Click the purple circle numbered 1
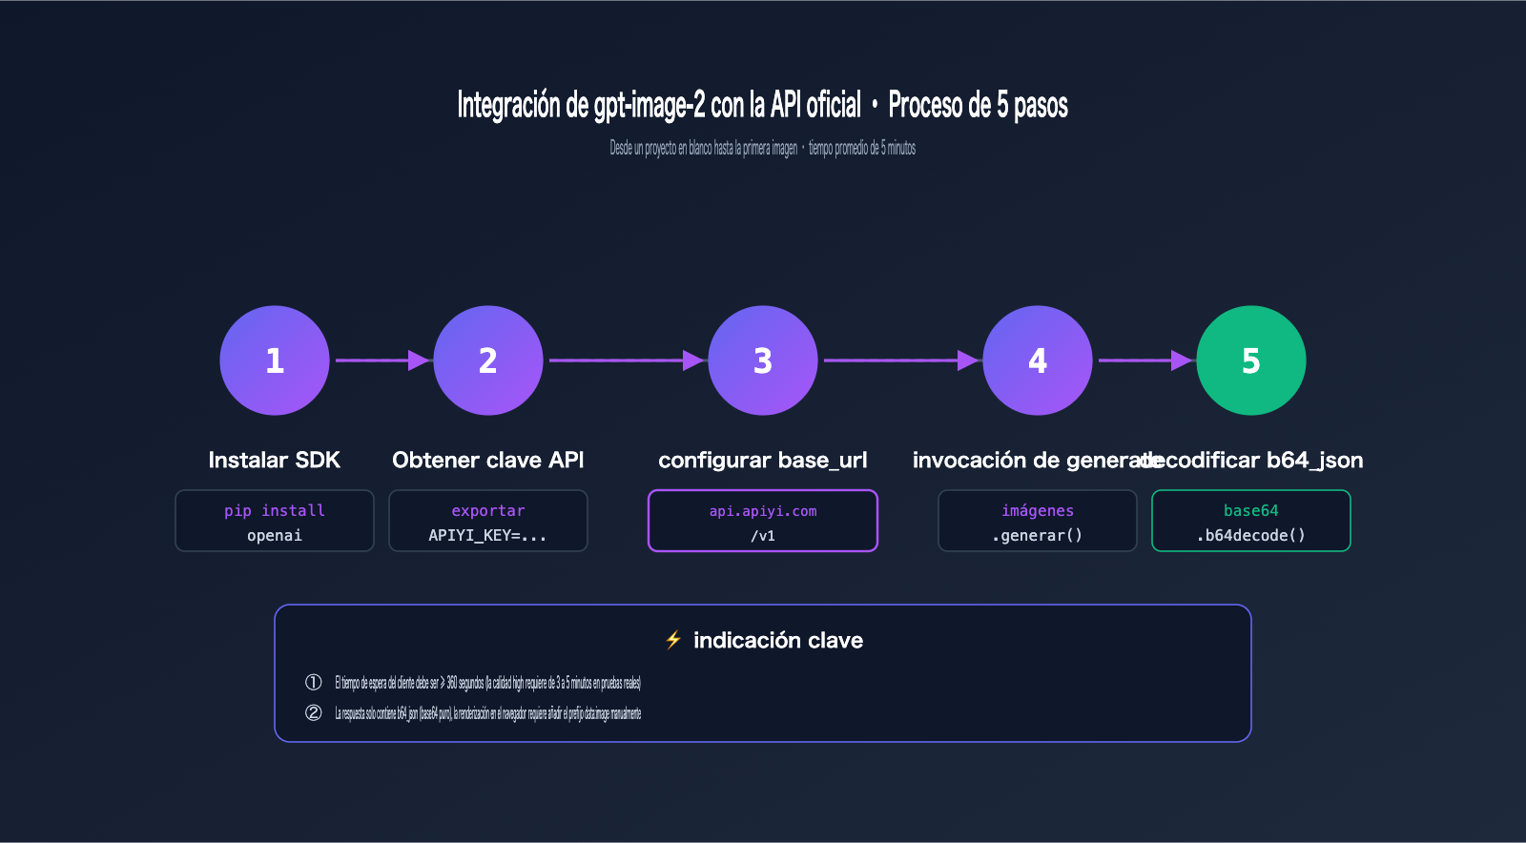click(x=275, y=360)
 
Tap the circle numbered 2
click(x=488, y=360)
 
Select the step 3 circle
click(x=763, y=360)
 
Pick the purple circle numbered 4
click(x=1038, y=360)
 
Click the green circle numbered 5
click(x=1251, y=360)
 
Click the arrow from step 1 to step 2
click(x=381, y=360)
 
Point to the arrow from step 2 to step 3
click(x=626, y=360)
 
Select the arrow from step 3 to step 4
click(x=900, y=360)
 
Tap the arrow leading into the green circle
click(x=1144, y=360)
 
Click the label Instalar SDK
click(x=275, y=461)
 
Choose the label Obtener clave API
click(x=488, y=461)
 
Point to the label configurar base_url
click(x=763, y=461)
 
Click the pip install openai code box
click(x=275, y=521)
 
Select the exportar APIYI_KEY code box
click(x=488, y=521)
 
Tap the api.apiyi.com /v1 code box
click(x=763, y=521)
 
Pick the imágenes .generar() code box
click(x=1038, y=521)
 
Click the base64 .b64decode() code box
click(x=1251, y=521)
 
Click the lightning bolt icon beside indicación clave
click(x=673, y=640)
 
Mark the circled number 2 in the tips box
click(x=313, y=712)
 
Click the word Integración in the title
click(x=509, y=105)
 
